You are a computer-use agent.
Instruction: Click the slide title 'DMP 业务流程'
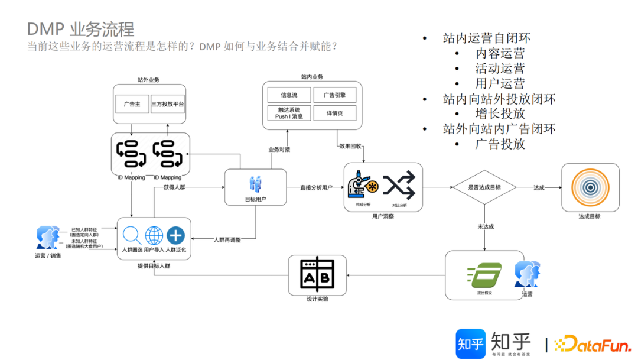pyautogui.click(x=81, y=29)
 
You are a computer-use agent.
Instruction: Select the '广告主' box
pyautogui.click(x=132, y=104)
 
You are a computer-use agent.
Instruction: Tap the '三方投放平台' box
pyautogui.click(x=168, y=104)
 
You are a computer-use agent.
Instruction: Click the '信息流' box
pyautogui.click(x=289, y=95)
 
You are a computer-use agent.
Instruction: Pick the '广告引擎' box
pyautogui.click(x=335, y=95)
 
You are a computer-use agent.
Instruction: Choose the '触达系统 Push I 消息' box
pyautogui.click(x=289, y=113)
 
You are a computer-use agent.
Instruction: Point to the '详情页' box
pyautogui.click(x=335, y=113)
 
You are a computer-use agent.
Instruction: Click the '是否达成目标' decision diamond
pyautogui.click(x=484, y=187)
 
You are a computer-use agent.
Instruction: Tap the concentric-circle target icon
pyautogui.click(x=590, y=187)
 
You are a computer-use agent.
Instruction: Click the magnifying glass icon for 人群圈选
pyautogui.click(x=131, y=235)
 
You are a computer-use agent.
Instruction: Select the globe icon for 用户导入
pyautogui.click(x=154, y=235)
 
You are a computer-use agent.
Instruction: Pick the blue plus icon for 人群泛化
pyautogui.click(x=175, y=235)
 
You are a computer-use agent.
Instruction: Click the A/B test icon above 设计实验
pyautogui.click(x=317, y=275)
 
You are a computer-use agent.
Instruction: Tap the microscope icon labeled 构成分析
pyautogui.click(x=363, y=186)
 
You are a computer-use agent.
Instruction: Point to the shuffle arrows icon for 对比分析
pyautogui.click(x=399, y=186)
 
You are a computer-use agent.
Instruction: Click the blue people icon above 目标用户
pyautogui.click(x=255, y=183)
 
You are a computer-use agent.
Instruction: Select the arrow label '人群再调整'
pyautogui.click(x=227, y=239)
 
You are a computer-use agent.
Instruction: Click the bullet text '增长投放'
pyautogui.click(x=500, y=113)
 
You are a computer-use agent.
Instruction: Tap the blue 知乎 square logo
pyautogui.click(x=470, y=343)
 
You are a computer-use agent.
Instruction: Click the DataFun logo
pyautogui.click(x=591, y=343)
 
